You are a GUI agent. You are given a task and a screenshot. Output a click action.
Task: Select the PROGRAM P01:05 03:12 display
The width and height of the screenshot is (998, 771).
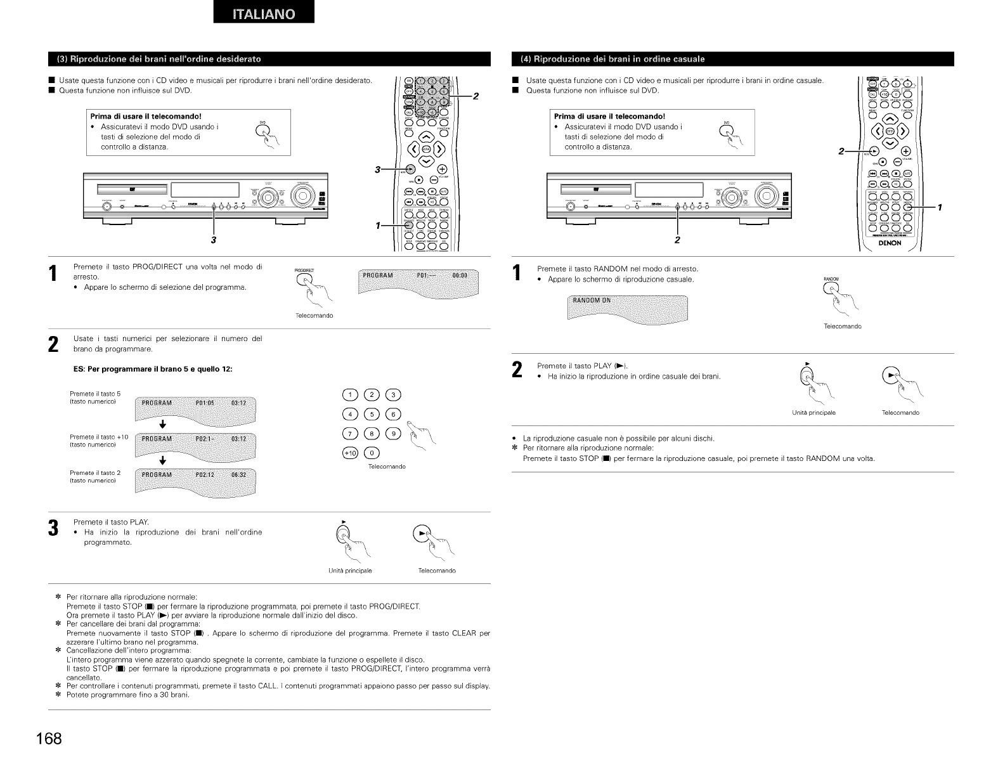(x=197, y=404)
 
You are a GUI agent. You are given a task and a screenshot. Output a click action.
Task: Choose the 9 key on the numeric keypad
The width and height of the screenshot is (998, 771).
(x=394, y=434)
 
